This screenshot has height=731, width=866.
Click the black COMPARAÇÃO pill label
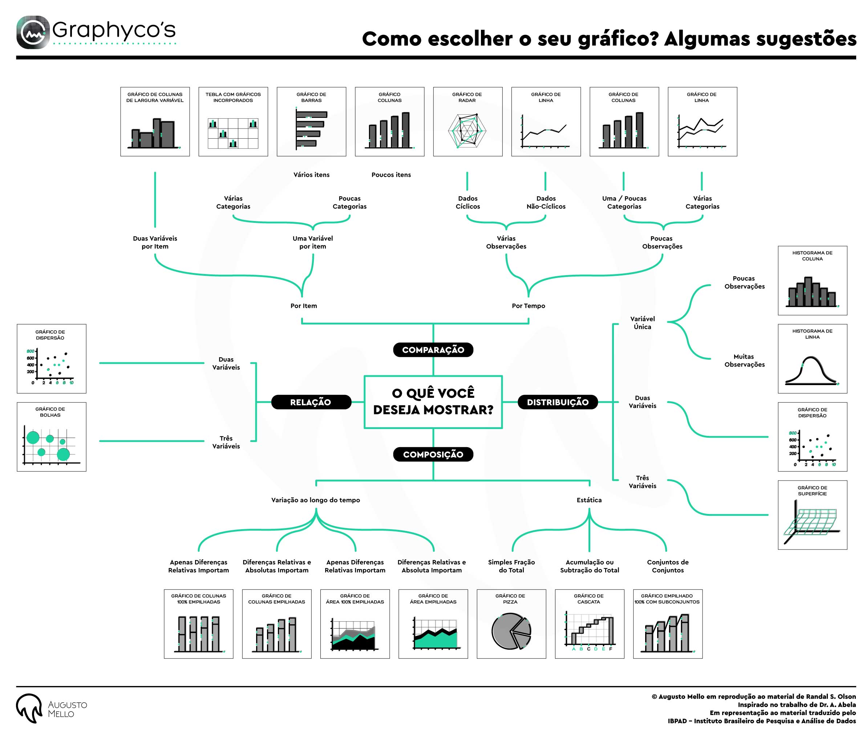pyautogui.click(x=433, y=350)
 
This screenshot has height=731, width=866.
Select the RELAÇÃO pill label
pyautogui.click(x=311, y=402)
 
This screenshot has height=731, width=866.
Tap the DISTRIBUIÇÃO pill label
pyautogui.click(x=558, y=402)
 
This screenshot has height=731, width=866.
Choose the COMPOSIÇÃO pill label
pyautogui.click(x=433, y=454)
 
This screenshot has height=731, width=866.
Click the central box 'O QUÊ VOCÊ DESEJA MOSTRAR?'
pyautogui.click(x=433, y=402)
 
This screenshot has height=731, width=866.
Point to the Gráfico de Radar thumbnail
pyautogui.click(x=468, y=122)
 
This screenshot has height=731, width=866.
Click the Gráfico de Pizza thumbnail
pyautogui.click(x=511, y=624)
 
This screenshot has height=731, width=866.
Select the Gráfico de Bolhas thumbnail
pyautogui.click(x=52, y=437)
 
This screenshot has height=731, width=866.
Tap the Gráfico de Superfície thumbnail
pyautogui.click(x=813, y=515)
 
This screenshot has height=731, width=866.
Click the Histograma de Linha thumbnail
pyautogui.click(x=813, y=359)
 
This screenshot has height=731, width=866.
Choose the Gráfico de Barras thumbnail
pyautogui.click(x=311, y=122)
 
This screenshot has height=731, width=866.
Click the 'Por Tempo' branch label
pyautogui.click(x=529, y=306)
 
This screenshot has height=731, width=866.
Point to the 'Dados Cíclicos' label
pyautogui.click(x=468, y=202)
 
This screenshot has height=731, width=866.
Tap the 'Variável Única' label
pyautogui.click(x=643, y=323)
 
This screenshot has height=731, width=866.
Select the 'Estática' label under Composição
pyautogui.click(x=589, y=500)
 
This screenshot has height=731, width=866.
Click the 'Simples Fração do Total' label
pyautogui.click(x=511, y=566)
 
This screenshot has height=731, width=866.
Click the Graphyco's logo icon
pyautogui.click(x=33, y=32)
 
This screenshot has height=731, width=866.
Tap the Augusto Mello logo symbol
pyautogui.click(x=29, y=708)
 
